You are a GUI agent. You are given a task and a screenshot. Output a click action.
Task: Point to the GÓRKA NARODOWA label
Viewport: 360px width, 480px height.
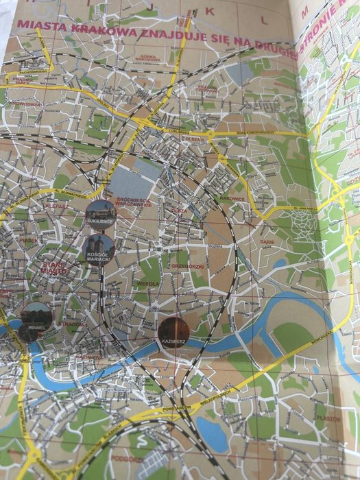[x=149, y=56]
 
